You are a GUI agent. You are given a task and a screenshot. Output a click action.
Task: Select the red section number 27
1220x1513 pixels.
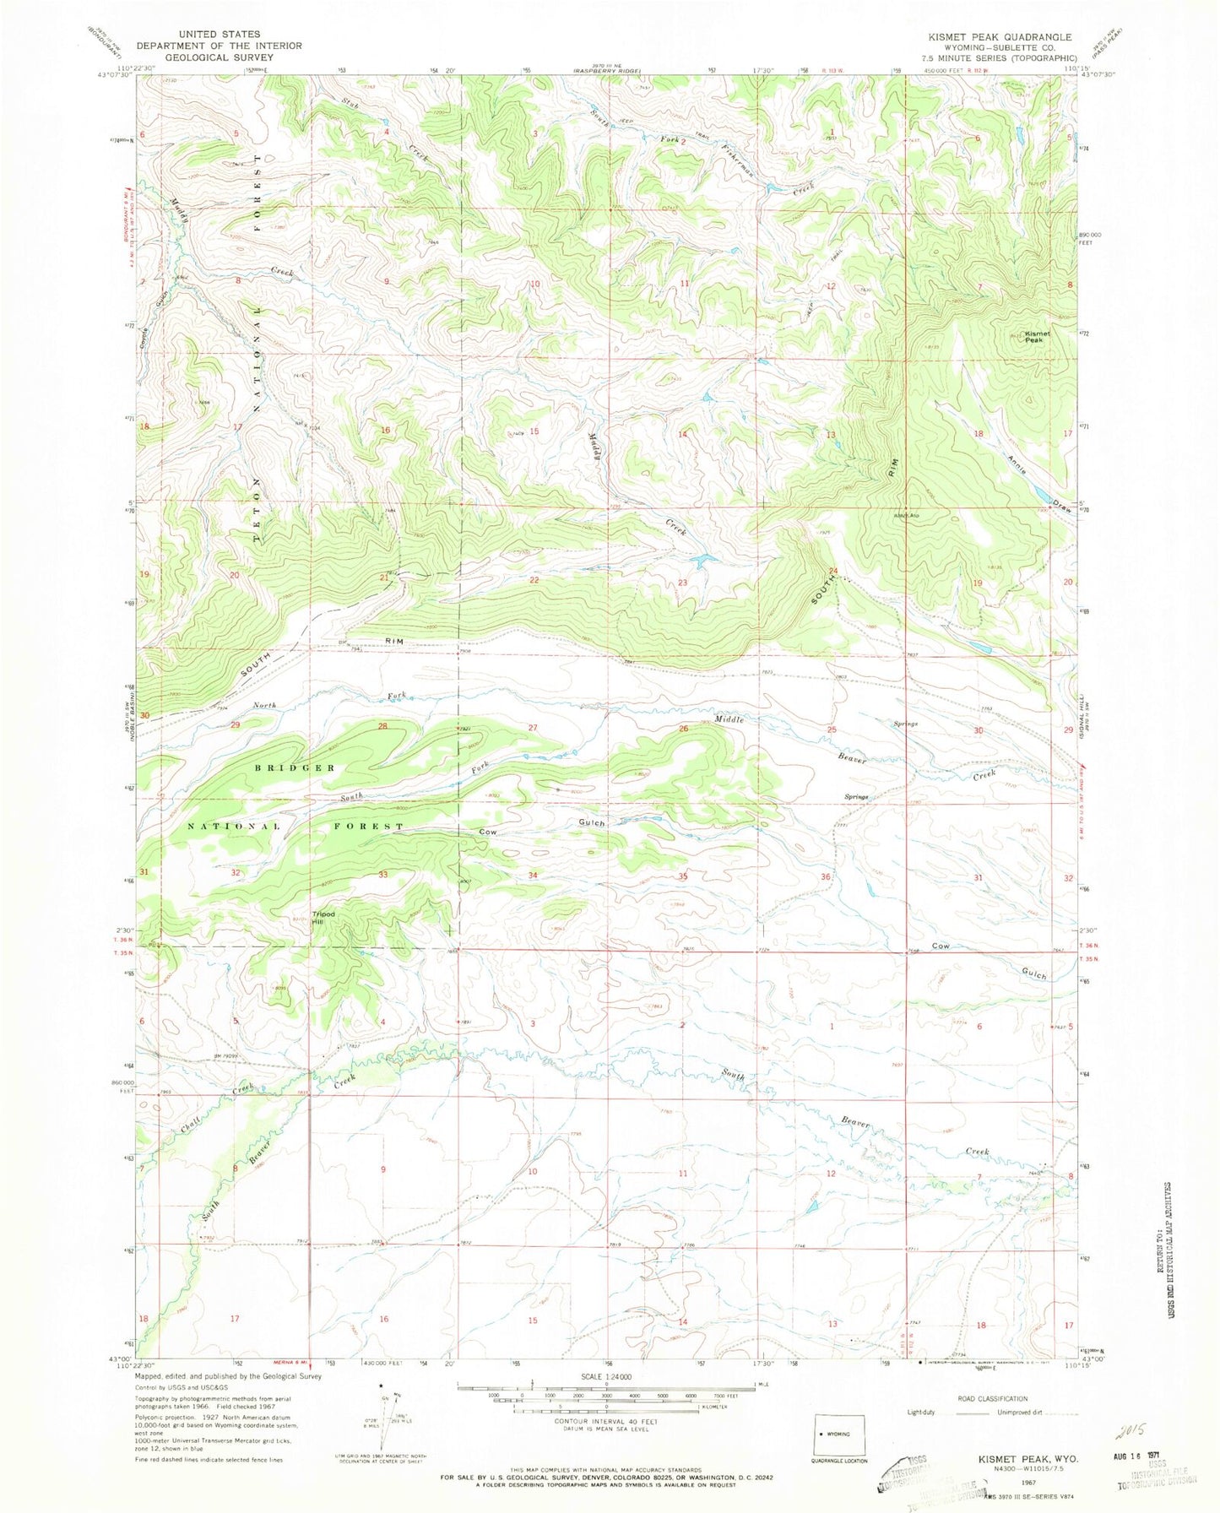pos(533,728)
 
